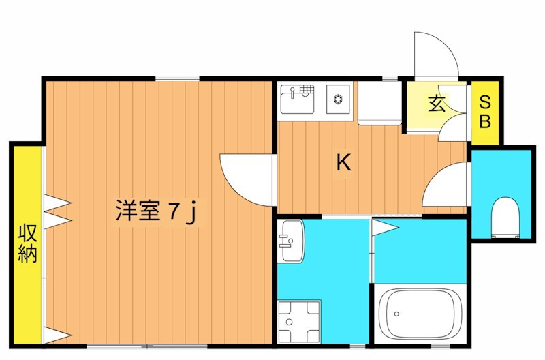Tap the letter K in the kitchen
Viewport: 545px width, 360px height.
[x=344, y=162]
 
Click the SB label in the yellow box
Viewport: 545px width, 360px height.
[x=485, y=112]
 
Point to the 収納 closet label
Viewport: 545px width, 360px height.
[x=27, y=244]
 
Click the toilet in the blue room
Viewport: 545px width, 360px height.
[x=505, y=217]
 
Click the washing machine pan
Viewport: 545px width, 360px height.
[x=300, y=321]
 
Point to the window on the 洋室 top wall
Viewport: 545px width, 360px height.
[x=177, y=78]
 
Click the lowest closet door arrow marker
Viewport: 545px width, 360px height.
[x=57, y=334]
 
